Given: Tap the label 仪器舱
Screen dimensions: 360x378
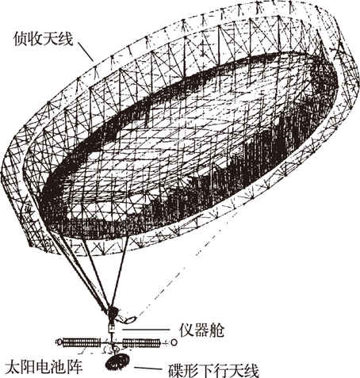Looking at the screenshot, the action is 201,330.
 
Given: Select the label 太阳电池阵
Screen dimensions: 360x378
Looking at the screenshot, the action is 44,366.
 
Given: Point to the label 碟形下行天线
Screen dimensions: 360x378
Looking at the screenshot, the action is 213,370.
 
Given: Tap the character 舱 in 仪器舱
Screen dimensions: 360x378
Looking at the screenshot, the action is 216,330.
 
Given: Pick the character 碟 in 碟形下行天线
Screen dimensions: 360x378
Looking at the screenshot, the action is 176,370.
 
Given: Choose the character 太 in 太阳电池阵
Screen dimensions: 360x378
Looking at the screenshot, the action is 13,366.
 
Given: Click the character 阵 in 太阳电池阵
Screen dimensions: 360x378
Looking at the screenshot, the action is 75,366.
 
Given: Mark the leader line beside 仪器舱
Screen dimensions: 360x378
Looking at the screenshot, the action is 146,330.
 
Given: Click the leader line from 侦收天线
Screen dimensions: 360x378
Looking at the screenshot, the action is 86,51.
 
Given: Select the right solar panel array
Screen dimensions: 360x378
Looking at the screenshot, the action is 142,342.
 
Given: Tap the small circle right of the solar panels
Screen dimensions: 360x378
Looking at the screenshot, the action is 174,342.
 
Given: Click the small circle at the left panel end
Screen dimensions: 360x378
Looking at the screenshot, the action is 59,342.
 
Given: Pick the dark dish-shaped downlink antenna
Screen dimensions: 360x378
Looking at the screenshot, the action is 117,361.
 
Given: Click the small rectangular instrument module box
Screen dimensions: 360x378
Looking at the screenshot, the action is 111,328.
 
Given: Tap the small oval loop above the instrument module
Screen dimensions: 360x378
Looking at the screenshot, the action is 130,320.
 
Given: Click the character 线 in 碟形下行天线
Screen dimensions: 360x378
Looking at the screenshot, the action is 251,370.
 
